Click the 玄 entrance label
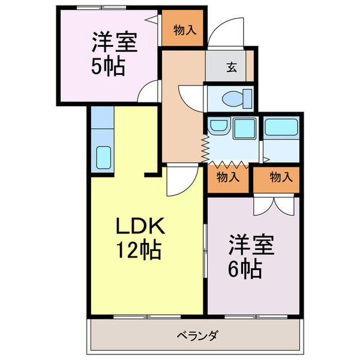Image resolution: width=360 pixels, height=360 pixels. coord(231,67)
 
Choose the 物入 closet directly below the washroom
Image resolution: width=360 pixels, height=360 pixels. coord(228,178)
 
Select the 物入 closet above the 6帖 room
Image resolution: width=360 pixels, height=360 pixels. coord(281,178)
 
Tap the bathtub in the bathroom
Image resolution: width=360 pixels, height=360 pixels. coord(281,128)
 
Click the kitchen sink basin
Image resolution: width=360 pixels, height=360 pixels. coord(103,157)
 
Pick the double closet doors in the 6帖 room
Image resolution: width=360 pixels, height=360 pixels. coord(273,205)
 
